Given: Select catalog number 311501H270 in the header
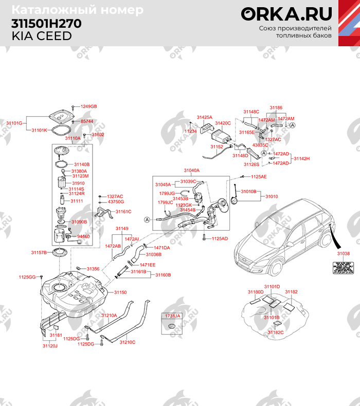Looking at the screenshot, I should (46, 24).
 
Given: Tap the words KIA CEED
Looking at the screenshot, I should (42, 35).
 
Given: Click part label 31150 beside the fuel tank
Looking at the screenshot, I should (120, 292).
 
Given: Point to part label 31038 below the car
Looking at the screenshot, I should (343, 254).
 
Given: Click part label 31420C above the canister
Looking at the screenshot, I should (223, 123).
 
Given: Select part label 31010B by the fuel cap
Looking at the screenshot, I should (248, 191).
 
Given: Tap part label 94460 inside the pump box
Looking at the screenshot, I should (83, 236).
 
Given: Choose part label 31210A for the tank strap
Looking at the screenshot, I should (109, 315).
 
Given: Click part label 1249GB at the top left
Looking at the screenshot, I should (88, 106).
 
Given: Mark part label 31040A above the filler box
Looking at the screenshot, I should (191, 170).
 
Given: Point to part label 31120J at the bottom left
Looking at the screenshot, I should (50, 346).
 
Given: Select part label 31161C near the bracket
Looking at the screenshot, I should (123, 211).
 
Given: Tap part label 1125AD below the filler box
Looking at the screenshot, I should (220, 238).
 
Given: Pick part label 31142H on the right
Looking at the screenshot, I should (302, 158).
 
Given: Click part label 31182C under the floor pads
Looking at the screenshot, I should (276, 333).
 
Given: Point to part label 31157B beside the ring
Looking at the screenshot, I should (39, 252).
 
